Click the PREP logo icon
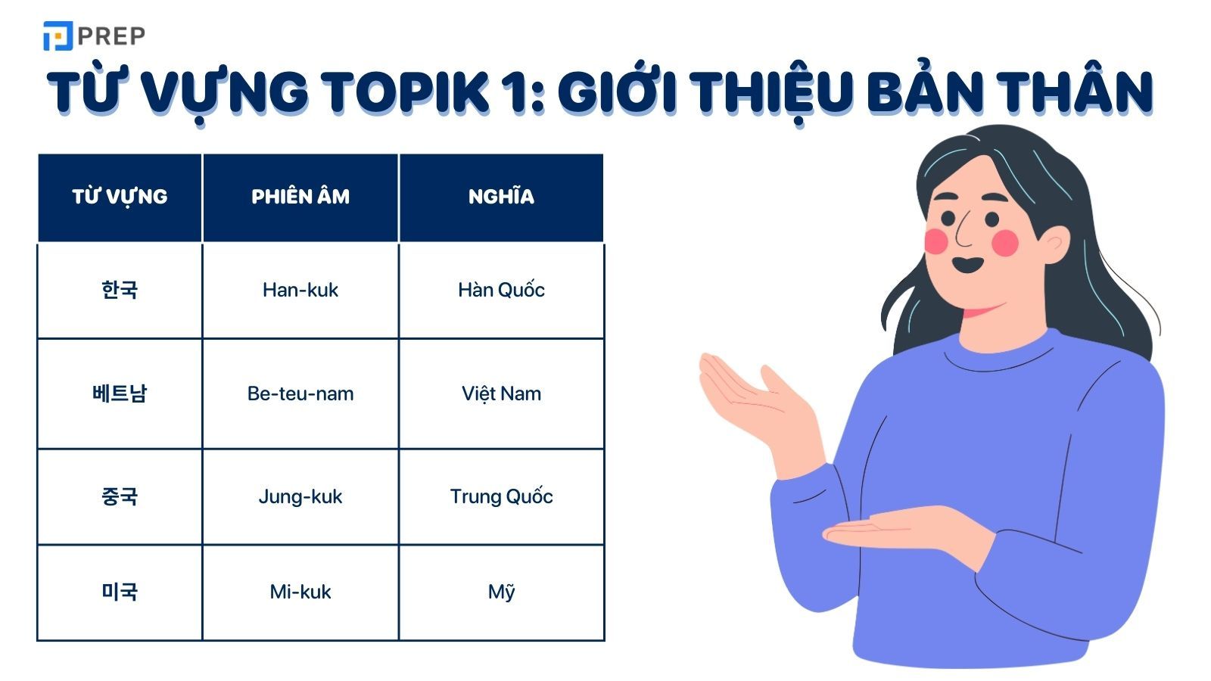(x=58, y=36)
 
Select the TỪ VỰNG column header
(x=120, y=197)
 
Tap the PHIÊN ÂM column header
(x=300, y=197)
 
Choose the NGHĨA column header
(x=501, y=197)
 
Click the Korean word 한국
(x=120, y=290)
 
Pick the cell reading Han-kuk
(x=300, y=290)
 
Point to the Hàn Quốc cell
(x=501, y=290)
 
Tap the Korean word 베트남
(x=120, y=393)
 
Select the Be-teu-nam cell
(x=300, y=393)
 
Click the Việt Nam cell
(x=501, y=393)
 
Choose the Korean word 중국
(x=120, y=496)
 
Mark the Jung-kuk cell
(x=300, y=496)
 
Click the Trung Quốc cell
(x=501, y=496)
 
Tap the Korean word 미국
(x=120, y=592)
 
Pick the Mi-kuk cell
(x=300, y=592)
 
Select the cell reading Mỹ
(x=501, y=592)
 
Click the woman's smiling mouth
(x=967, y=266)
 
